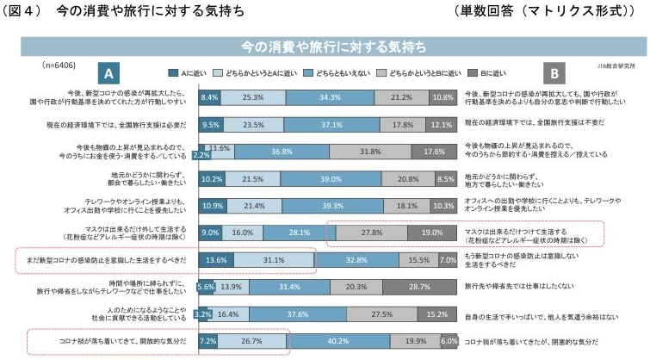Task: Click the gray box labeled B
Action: click(555, 73)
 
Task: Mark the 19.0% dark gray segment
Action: click(432, 233)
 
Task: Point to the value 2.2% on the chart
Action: click(201, 157)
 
